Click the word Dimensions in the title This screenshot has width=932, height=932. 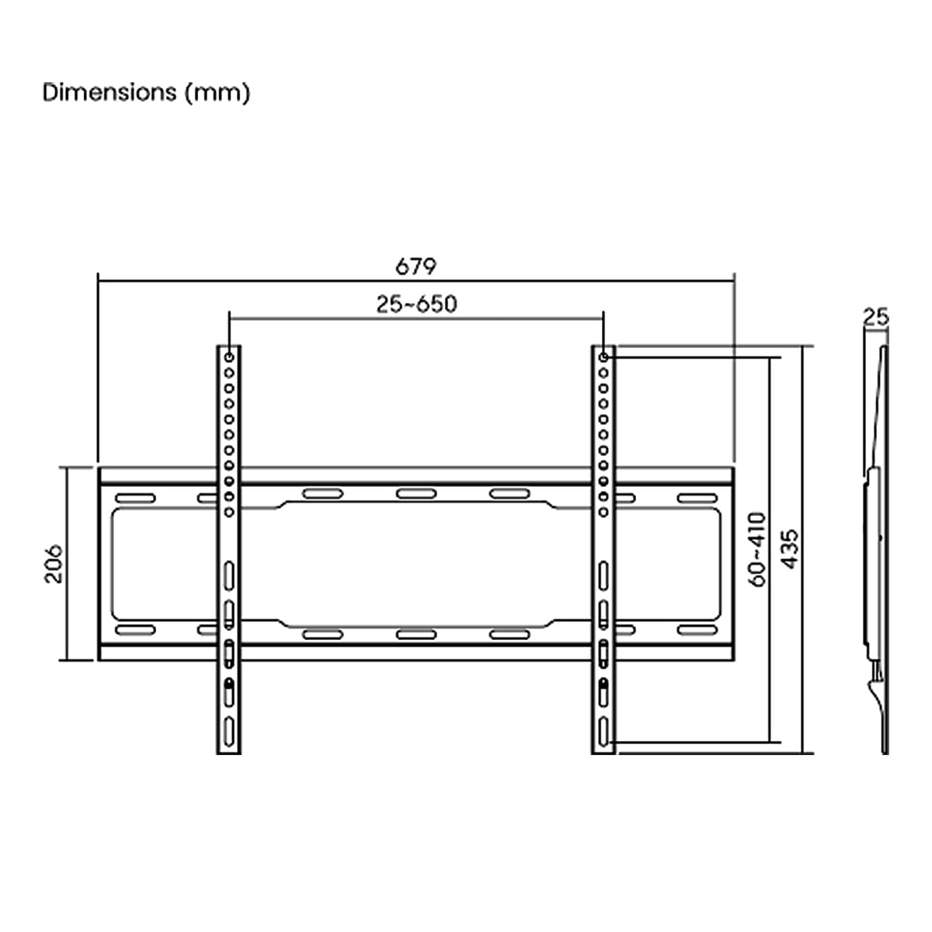[110, 92]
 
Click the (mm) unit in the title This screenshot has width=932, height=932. [217, 93]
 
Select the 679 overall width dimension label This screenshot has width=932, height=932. [416, 266]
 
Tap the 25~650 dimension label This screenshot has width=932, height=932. [416, 304]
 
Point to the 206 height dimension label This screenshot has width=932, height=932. [54, 563]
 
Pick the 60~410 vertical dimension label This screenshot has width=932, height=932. [757, 549]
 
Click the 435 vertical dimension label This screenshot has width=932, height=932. [790, 549]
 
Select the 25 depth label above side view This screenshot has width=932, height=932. [876, 318]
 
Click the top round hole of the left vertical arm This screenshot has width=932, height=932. [229, 357]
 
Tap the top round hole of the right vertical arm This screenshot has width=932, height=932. [603, 357]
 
